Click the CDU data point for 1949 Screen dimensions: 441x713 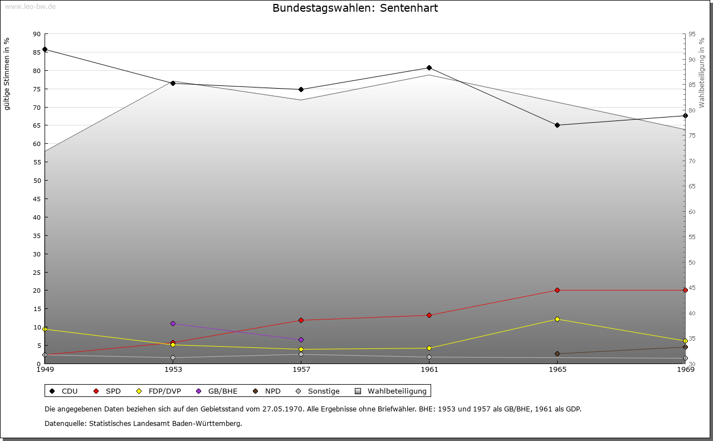click(x=45, y=49)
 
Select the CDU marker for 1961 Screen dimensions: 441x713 click(x=429, y=68)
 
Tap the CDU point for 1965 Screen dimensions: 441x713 click(x=557, y=125)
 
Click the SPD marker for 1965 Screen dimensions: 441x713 click(x=557, y=290)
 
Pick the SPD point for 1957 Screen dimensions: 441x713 click(x=301, y=320)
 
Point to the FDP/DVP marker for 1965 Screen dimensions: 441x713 click(x=557, y=319)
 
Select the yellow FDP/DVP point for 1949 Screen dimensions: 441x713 click(x=45, y=329)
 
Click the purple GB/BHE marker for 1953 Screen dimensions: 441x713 click(x=173, y=323)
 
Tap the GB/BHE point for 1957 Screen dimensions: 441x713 click(x=301, y=340)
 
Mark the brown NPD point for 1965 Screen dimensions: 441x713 click(x=557, y=353)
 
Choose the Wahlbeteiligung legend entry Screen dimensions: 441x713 click(x=391, y=391)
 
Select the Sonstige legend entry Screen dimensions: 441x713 click(x=318, y=391)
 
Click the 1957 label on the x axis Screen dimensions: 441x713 click(x=301, y=369)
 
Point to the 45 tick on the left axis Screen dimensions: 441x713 click(x=37, y=198)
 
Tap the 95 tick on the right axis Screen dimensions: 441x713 click(x=692, y=34)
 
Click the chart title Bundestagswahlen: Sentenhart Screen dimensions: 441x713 click(x=355, y=8)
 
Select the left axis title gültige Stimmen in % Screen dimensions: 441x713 click(x=7, y=74)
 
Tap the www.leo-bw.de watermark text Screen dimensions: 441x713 click(x=30, y=6)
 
